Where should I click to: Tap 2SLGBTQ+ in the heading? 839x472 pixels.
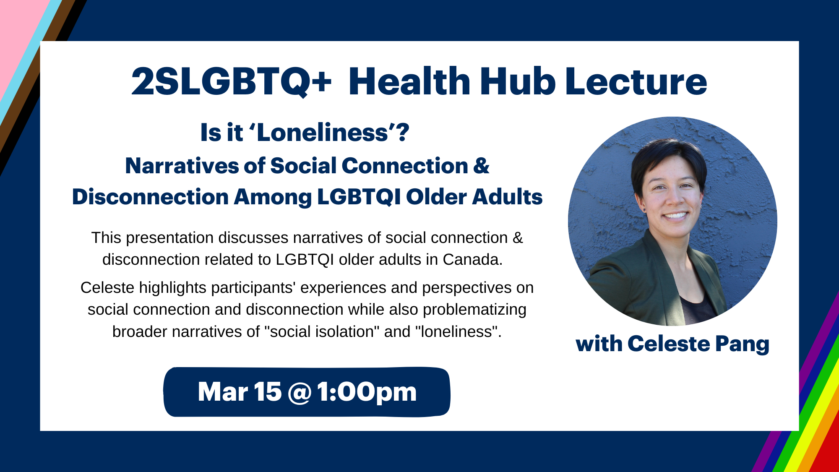[232, 82]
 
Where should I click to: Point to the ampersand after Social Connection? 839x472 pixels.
[482, 166]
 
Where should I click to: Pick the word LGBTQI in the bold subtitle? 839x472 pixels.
[359, 197]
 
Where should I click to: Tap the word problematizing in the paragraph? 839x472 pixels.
[474, 310]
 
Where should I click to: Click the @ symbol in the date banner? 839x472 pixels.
[300, 392]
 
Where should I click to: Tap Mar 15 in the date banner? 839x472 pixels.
[240, 392]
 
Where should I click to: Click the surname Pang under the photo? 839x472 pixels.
[743, 344]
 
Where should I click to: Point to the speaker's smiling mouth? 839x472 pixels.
[675, 216]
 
